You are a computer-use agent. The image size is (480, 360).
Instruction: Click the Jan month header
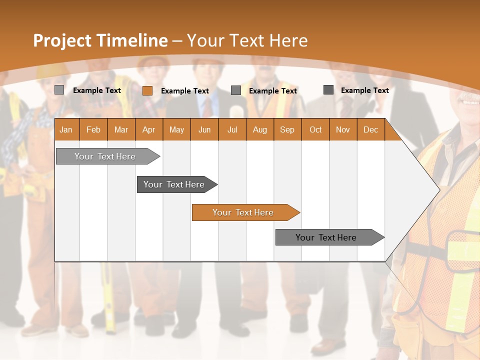pyautogui.click(x=66, y=130)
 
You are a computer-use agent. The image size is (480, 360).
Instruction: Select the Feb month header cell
pyautogui.click(x=93, y=130)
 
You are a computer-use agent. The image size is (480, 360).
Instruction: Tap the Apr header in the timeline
pyautogui.click(x=149, y=130)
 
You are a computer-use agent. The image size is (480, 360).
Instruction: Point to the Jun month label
pyautogui.click(x=204, y=130)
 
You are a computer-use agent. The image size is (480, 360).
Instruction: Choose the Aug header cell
pyautogui.click(x=259, y=130)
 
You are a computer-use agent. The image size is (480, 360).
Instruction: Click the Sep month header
pyautogui.click(x=287, y=130)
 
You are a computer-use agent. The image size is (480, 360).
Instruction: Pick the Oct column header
pyautogui.click(x=315, y=130)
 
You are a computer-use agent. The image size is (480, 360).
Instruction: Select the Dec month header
pyautogui.click(x=370, y=130)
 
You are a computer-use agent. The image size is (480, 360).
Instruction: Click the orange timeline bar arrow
pyautogui.click(x=245, y=212)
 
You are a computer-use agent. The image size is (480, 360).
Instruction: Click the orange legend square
pyautogui.click(x=147, y=90)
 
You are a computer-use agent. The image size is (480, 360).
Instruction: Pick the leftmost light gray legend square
pyautogui.click(x=59, y=90)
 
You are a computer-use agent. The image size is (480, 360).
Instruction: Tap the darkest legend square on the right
pyautogui.click(x=328, y=90)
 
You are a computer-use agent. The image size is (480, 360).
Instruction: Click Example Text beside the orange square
pyautogui.click(x=185, y=91)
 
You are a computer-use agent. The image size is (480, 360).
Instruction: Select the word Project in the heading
pyautogui.click(x=62, y=40)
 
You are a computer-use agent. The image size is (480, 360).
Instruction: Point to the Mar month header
pyautogui.click(x=121, y=130)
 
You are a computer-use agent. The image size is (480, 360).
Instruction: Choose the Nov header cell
pyautogui.click(x=343, y=130)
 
